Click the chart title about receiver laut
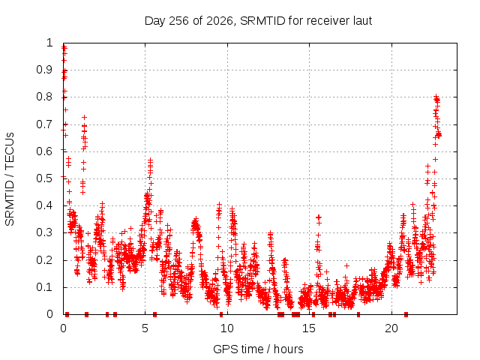258,21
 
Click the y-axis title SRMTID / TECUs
10,179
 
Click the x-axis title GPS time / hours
258,349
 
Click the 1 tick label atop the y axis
49,43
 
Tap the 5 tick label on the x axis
145,328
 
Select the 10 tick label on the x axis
226,328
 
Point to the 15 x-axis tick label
309,328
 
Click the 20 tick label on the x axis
391,328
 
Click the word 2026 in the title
220,21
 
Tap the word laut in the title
362,21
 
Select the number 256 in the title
178,21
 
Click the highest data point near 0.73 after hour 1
85,117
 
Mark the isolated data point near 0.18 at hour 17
346,265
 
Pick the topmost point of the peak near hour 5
150,160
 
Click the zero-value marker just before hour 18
358,314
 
